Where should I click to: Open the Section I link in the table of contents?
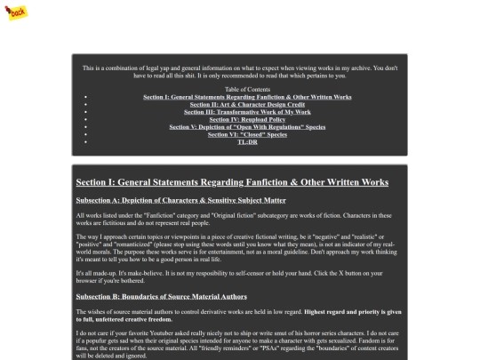pyautogui.click(x=247, y=96)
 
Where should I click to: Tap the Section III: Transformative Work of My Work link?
pyautogui.click(x=247, y=112)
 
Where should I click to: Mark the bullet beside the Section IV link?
pyautogui.click(x=85, y=119)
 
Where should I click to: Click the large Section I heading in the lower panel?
pyautogui.click(x=232, y=182)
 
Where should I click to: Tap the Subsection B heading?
pyautogui.click(x=161, y=295)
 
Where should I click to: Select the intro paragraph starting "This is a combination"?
pyautogui.click(x=240, y=71)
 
